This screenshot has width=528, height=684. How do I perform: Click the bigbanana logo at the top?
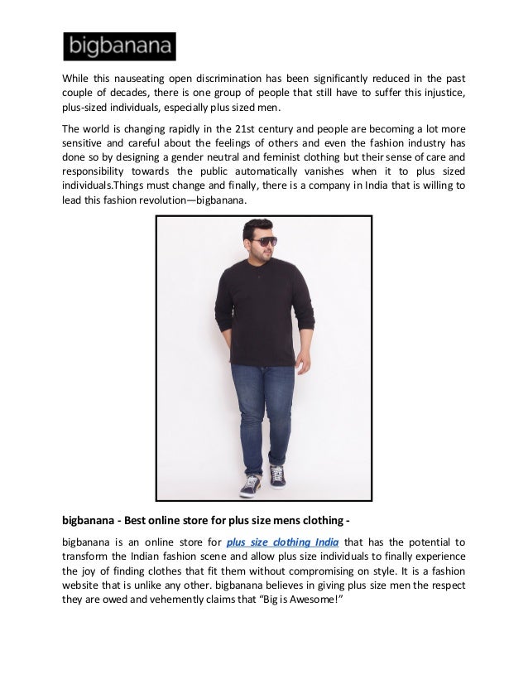click(119, 46)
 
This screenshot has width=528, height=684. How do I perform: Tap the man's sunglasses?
click(264, 243)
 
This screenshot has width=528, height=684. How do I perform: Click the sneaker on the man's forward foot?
click(248, 487)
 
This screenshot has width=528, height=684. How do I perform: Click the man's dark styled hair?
click(262, 226)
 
